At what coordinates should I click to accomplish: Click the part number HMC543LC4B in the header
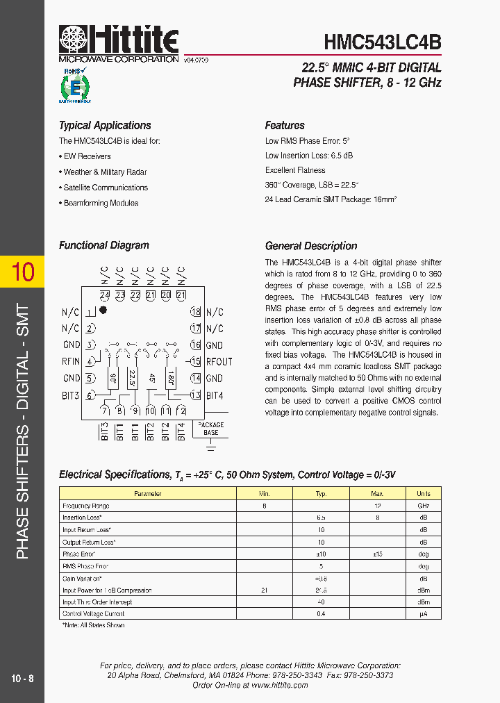coord(382,42)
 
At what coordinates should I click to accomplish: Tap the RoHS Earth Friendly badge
coord(74,86)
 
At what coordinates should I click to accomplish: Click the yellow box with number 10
coord(22,272)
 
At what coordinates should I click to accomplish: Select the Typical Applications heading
coord(105,126)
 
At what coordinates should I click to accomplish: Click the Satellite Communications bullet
coord(106,188)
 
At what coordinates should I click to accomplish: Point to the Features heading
coord(285,126)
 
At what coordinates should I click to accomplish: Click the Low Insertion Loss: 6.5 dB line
coord(309,156)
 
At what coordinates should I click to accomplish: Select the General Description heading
coord(311,246)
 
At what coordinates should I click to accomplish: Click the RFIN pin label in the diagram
coord(71,361)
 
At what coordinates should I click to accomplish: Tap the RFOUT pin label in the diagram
coord(219,361)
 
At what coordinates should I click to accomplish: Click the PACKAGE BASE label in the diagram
coord(211,429)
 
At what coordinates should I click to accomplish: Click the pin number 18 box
coord(196,312)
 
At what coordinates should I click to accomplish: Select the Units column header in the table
coord(423,493)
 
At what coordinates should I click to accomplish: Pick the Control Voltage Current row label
coord(94,614)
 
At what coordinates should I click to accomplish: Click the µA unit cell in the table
coord(423,614)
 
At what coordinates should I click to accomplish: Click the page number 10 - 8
coord(22,678)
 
